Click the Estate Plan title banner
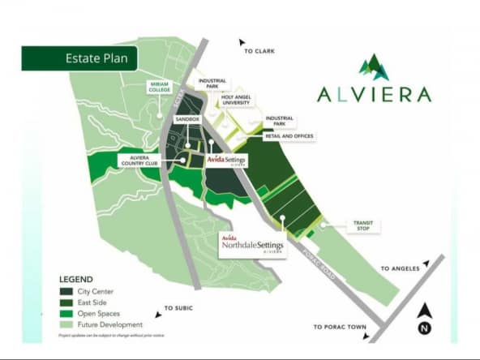pyautogui.click(x=79, y=59)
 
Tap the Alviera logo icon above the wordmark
pyautogui.click(x=374, y=67)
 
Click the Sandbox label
pyautogui.click(x=187, y=119)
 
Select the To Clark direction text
pyautogui.click(x=259, y=51)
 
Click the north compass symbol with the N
pyautogui.click(x=424, y=319)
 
